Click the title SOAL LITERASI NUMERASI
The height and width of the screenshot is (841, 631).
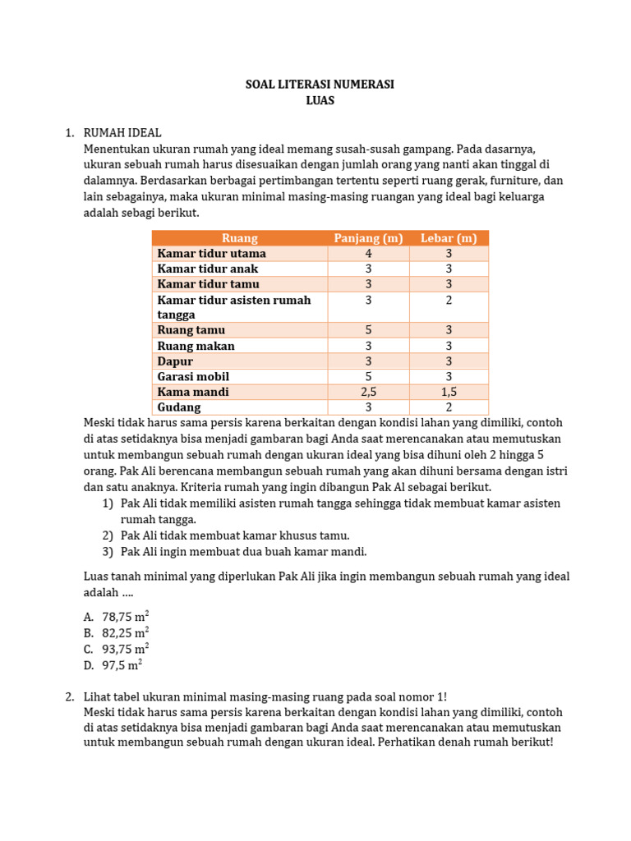point(320,85)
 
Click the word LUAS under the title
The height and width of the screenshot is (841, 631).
point(320,101)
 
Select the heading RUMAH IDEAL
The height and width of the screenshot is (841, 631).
point(122,132)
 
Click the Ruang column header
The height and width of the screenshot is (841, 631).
point(240,238)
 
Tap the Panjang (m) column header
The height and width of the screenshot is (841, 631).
point(368,238)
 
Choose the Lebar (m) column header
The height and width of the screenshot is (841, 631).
point(449,238)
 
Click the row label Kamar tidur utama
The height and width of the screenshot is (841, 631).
point(211,254)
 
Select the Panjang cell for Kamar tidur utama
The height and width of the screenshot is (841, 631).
point(368,254)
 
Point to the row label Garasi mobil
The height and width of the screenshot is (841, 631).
point(193,376)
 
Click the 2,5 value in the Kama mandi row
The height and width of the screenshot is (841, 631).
point(368,392)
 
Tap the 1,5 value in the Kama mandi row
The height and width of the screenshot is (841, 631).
point(449,392)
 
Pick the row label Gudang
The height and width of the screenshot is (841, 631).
point(179,407)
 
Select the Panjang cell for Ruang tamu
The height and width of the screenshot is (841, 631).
point(368,330)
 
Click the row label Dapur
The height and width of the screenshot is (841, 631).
point(175,361)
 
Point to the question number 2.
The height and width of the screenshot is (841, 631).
point(70,696)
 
